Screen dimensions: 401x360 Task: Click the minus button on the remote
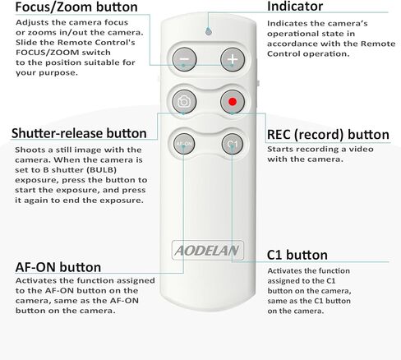pos(184,59)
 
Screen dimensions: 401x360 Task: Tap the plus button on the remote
pos(233,59)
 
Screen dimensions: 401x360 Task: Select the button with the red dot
pos(233,102)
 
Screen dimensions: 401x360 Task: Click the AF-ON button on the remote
pos(184,144)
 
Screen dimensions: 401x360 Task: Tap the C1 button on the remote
pos(233,144)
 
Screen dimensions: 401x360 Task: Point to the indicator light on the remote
pos(209,32)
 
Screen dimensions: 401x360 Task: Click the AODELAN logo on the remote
pos(207,250)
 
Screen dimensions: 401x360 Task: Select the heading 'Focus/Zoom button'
pos(76,7)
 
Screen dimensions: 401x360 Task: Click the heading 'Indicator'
pos(295,7)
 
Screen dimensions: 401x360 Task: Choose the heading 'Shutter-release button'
pos(79,133)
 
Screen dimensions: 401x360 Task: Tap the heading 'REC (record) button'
pos(328,135)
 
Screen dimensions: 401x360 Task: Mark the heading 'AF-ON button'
pos(58,267)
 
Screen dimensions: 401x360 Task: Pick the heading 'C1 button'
pos(297,255)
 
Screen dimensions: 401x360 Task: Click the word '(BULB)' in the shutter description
pos(102,170)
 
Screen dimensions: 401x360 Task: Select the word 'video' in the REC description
pos(361,150)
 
